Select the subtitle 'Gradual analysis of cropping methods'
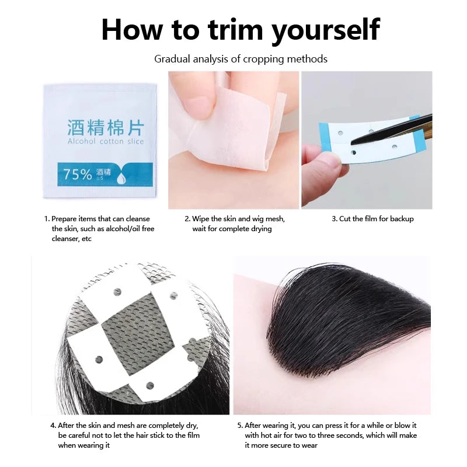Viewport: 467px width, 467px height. click(x=241, y=59)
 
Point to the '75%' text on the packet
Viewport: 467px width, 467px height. click(x=78, y=174)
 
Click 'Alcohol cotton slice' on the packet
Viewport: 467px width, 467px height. click(x=105, y=142)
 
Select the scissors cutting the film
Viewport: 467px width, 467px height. click(x=397, y=131)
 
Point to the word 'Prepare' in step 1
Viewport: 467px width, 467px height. click(x=65, y=219)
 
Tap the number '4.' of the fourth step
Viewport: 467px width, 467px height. click(x=53, y=426)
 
